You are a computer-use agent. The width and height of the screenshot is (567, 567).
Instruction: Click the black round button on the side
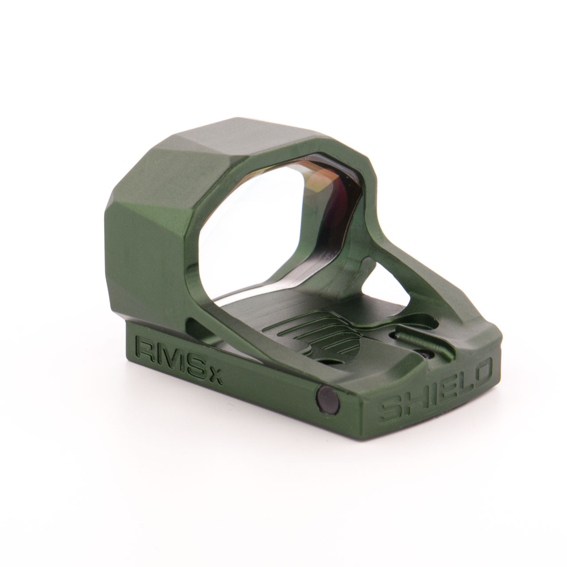tap(327, 398)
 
